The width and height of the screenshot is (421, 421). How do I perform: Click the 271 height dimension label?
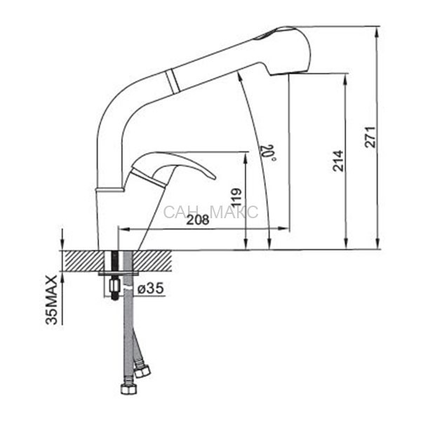[370, 136]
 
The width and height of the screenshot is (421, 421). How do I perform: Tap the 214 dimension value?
[338, 161]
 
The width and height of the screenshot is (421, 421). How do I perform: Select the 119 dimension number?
[237, 198]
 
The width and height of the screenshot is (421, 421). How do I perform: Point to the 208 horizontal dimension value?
[198, 220]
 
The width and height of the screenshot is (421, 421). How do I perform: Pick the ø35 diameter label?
[150, 288]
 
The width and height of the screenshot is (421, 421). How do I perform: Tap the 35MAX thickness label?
[51, 300]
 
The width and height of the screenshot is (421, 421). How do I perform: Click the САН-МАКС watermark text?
[210, 212]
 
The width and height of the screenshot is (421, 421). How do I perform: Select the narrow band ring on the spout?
[173, 81]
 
